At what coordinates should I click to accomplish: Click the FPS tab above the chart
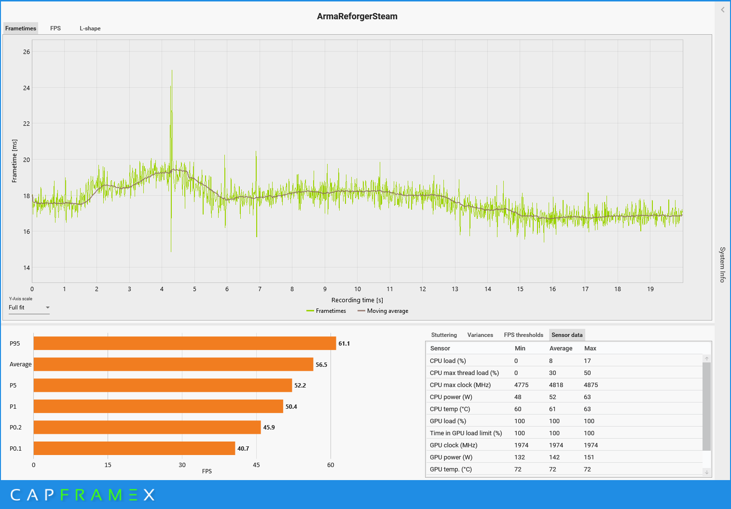55,28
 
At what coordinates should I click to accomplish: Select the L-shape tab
90,28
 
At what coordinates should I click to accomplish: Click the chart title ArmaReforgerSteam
357,16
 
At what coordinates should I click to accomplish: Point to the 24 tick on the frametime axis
27,88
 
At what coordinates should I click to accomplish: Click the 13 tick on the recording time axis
455,289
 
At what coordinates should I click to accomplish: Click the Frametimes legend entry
331,311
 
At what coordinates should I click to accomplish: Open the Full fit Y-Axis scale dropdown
29,308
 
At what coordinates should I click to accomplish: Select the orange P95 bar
184,343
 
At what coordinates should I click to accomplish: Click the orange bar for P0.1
134,448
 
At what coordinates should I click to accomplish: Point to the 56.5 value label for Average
321,365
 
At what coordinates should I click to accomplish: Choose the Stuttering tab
444,335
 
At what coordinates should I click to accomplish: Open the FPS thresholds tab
524,335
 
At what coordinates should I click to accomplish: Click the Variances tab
480,335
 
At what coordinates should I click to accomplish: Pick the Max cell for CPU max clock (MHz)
591,385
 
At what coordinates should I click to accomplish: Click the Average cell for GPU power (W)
554,457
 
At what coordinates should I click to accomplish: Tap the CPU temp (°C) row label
450,409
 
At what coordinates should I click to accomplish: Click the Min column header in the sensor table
520,348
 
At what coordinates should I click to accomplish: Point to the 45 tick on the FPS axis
256,465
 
